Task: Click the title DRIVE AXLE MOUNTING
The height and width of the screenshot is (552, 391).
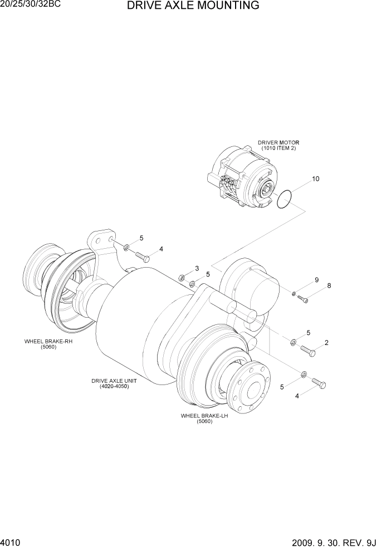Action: (x=193, y=6)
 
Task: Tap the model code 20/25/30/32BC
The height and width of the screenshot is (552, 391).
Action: (x=30, y=4)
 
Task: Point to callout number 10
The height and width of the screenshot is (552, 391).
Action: (x=315, y=179)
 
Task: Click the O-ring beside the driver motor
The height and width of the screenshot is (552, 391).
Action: (x=285, y=199)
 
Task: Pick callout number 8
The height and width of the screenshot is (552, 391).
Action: (x=329, y=286)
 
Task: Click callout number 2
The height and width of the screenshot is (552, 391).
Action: (x=326, y=342)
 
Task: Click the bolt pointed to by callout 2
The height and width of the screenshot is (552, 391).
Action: (x=308, y=351)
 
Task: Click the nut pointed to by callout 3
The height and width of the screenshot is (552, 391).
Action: (x=182, y=277)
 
